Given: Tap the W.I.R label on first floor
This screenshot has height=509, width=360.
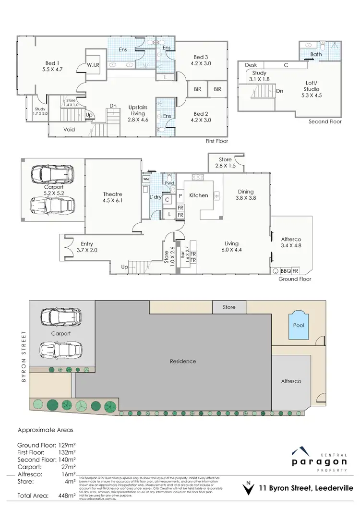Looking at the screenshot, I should [93, 65].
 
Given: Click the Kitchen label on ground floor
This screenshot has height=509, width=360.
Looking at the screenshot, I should [199, 195].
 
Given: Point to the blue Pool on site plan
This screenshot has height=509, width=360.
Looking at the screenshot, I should [298, 325].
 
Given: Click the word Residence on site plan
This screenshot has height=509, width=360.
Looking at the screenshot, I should [183, 361].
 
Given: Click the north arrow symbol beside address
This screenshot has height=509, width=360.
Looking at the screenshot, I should [248, 488].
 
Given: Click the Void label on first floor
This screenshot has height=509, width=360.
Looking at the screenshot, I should [69, 130].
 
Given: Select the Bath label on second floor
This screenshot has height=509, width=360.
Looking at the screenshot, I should [316, 54].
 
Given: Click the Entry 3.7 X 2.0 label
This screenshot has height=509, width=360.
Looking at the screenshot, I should [87, 247].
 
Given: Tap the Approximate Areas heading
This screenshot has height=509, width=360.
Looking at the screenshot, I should [46, 430].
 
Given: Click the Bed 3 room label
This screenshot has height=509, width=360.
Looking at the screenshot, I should [201, 59].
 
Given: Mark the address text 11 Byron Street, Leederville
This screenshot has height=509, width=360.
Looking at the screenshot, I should [306, 488].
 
